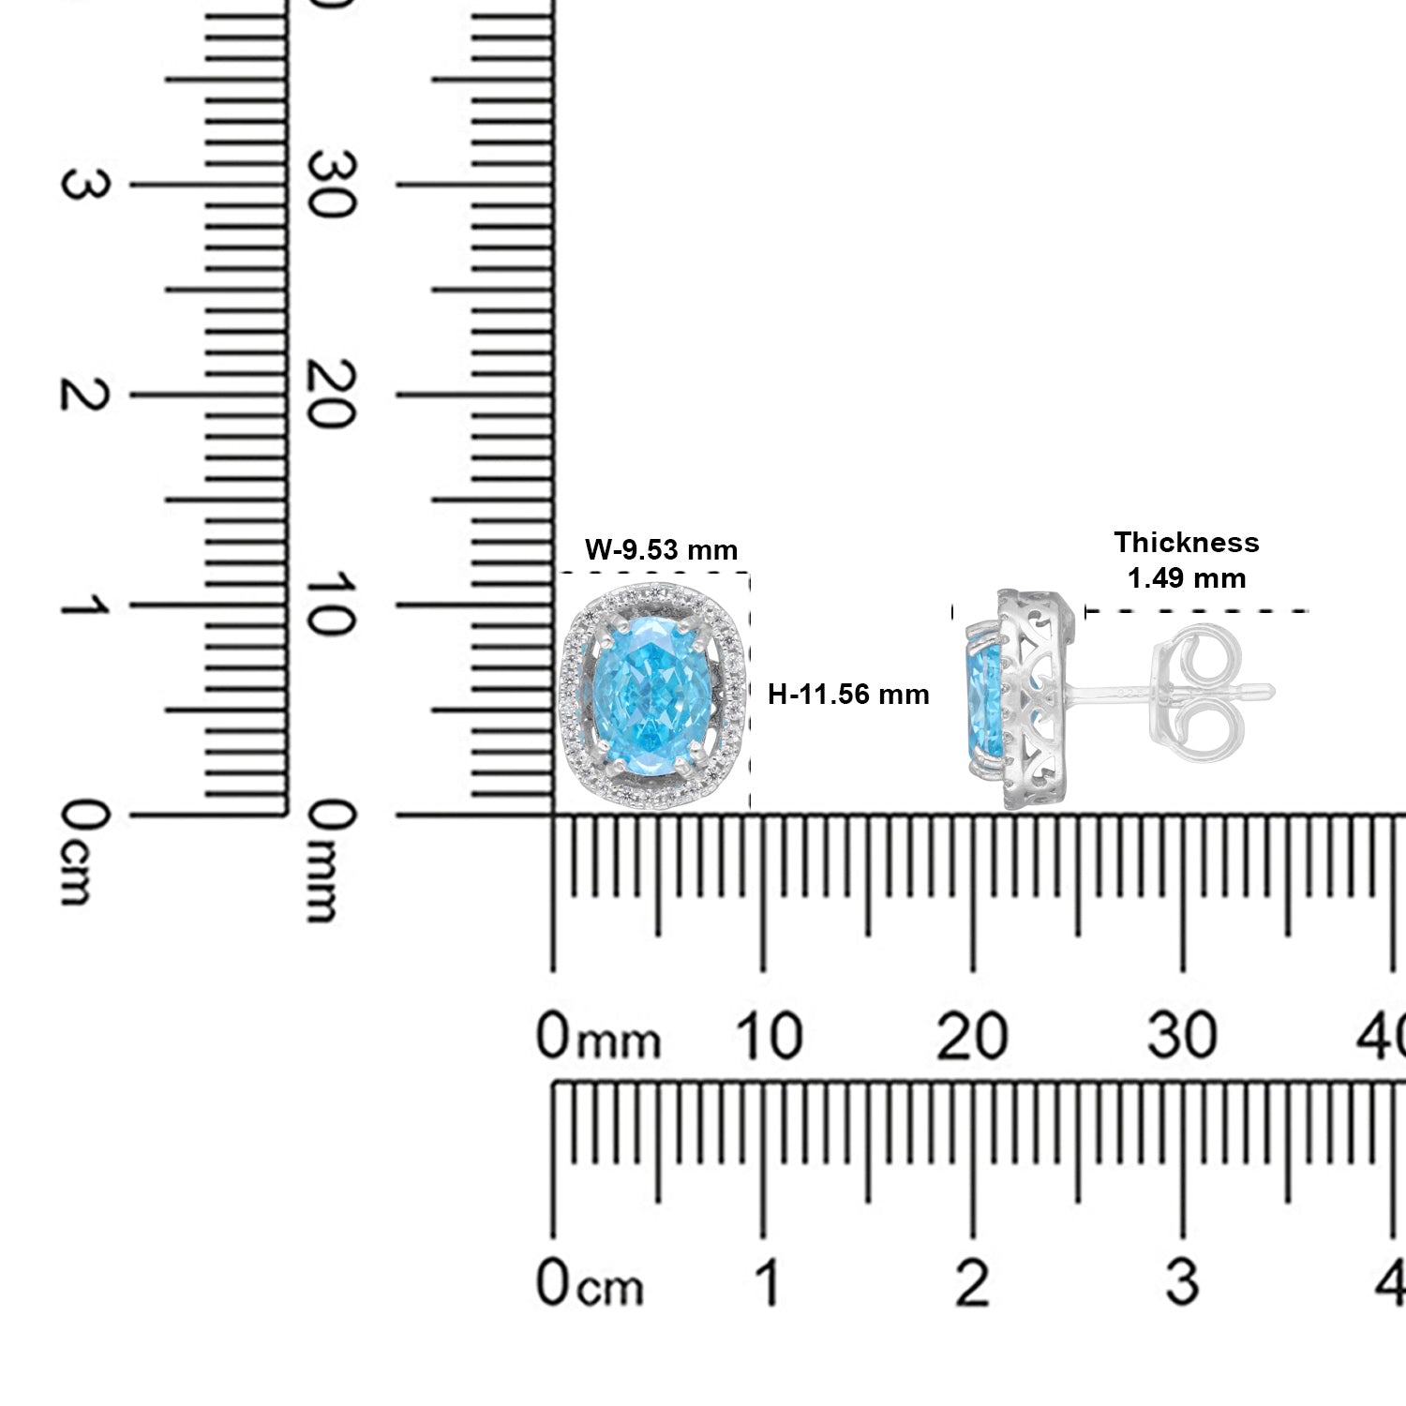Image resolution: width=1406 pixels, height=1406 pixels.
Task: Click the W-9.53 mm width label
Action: (x=661, y=549)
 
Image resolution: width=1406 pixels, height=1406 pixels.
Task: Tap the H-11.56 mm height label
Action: (x=848, y=695)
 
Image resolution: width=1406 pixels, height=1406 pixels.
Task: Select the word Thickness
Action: (x=1186, y=542)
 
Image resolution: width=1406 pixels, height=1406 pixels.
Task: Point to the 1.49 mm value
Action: (x=1186, y=577)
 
